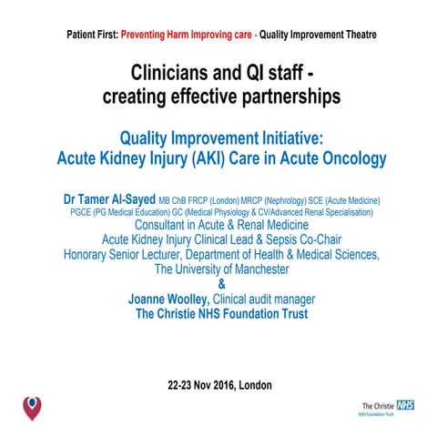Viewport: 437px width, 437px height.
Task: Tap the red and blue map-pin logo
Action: (31, 405)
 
